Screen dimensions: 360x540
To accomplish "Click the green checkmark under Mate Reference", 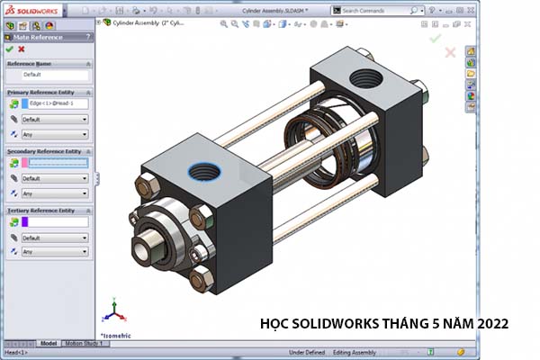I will tap(9, 49).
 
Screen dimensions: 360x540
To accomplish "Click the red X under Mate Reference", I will tap(22, 49).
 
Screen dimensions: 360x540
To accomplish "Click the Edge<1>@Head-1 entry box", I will tap(59, 103).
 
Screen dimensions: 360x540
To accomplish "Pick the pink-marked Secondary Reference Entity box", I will tap(59, 163).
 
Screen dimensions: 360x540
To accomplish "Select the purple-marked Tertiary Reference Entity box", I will tap(59, 221).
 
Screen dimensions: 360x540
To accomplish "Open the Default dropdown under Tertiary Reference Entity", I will tap(55, 238).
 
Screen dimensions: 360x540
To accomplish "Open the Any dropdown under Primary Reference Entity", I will tap(55, 134).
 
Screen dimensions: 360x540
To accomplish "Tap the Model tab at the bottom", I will tap(49, 343).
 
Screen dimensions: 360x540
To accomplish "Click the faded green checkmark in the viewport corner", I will tap(436, 39).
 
